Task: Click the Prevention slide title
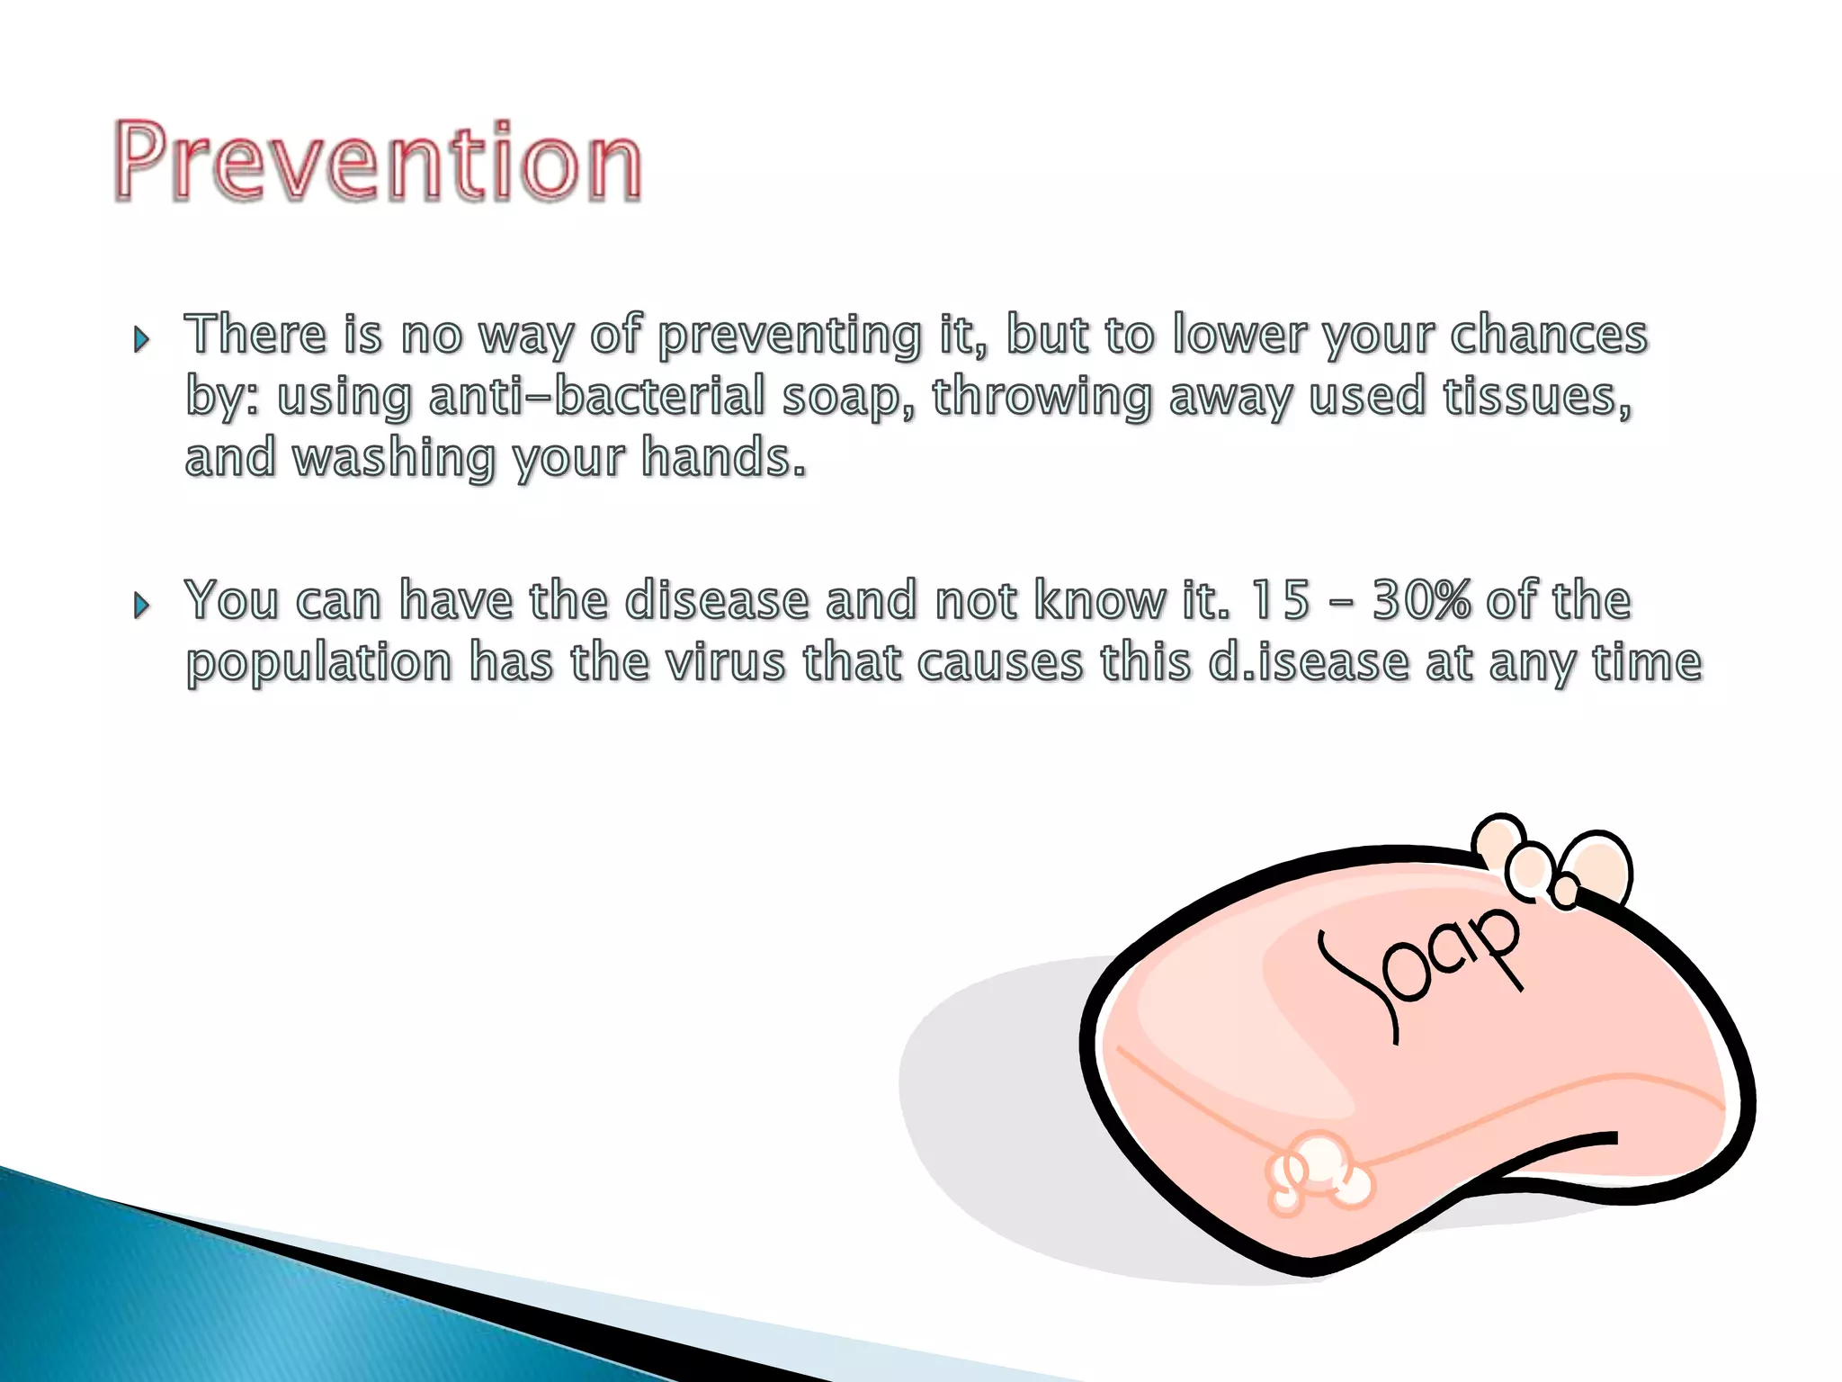[378, 162]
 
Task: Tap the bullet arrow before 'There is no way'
[141, 340]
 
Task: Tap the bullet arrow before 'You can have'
[141, 606]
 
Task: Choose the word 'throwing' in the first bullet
[1042, 397]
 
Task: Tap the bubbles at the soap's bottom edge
[1319, 1170]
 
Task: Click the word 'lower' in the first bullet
[1238, 335]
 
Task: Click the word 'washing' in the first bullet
[394, 459]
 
